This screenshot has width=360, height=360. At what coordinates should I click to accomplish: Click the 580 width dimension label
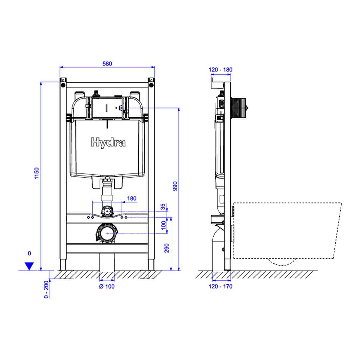(107, 64)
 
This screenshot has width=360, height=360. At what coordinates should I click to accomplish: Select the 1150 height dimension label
(37, 173)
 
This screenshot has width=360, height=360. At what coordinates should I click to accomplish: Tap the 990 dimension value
(175, 186)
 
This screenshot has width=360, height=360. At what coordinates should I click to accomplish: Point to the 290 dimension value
(166, 248)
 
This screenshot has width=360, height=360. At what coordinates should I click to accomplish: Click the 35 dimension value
(163, 207)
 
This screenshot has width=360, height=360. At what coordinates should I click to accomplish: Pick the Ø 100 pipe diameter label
(107, 286)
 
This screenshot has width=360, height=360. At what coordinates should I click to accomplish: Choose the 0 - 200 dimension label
(46, 289)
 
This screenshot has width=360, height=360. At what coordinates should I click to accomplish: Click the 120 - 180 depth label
(220, 70)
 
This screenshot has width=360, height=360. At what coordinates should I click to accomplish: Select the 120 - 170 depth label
(220, 286)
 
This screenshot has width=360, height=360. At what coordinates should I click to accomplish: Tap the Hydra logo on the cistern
(108, 143)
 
